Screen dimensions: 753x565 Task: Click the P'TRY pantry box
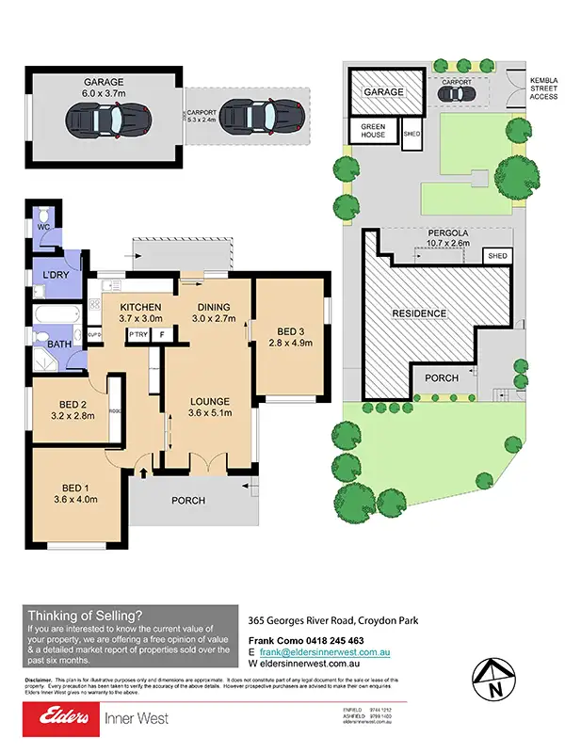[137, 334]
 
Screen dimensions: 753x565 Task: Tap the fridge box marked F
[161, 334]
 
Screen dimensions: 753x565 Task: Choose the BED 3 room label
[290, 329]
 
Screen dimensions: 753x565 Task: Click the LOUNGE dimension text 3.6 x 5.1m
[210, 412]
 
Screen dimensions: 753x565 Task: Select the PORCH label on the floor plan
[187, 501]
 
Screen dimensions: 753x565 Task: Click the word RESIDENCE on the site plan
[421, 312]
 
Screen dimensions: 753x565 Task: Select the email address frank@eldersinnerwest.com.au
[325, 651]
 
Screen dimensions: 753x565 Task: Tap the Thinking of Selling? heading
[85, 614]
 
